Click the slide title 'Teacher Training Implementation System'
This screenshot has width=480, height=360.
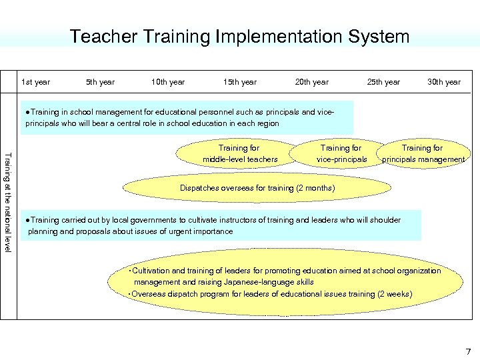239,36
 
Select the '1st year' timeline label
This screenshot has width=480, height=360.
36,82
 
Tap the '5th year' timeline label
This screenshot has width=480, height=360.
100,82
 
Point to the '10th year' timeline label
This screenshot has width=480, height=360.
168,82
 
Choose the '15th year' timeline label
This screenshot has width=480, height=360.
239,82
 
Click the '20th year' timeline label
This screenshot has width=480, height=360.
311,82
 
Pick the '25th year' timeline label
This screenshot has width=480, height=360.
383,82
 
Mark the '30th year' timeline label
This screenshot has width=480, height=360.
444,82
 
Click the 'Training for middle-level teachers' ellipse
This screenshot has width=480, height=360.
239,153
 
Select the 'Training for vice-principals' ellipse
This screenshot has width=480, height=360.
341,153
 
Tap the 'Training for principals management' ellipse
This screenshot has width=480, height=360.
423,153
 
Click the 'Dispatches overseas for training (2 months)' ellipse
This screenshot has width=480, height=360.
257,188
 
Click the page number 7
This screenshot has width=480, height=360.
468,351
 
